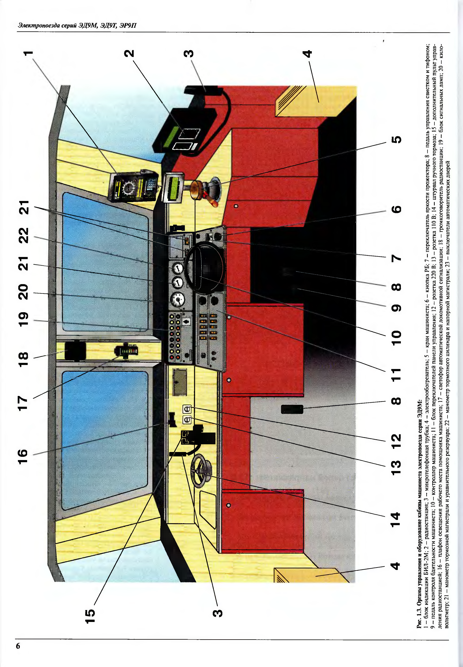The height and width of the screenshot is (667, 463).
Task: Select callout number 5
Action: click(x=397, y=140)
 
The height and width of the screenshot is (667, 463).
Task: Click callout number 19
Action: click(x=23, y=319)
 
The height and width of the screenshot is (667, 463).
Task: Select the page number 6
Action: click(x=18, y=646)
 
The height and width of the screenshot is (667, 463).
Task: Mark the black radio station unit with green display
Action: click(x=186, y=131)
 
